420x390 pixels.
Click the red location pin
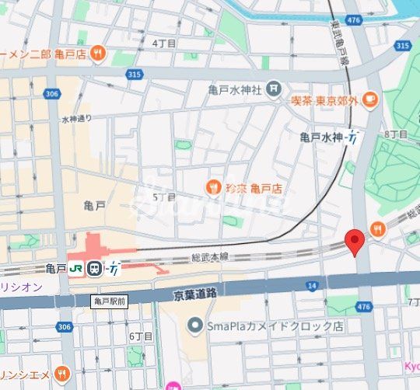[355, 242]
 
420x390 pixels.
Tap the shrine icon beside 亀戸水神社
[273, 90]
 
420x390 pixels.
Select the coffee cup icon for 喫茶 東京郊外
[369, 99]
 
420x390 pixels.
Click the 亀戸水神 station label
[320, 138]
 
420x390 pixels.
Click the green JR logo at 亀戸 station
[76, 269]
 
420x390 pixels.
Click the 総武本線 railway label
[211, 257]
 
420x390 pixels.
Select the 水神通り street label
[76, 119]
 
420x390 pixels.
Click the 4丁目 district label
[164, 44]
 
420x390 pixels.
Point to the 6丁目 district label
[141, 336]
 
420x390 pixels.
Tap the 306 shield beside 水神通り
[52, 94]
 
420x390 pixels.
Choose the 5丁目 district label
[164, 197]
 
